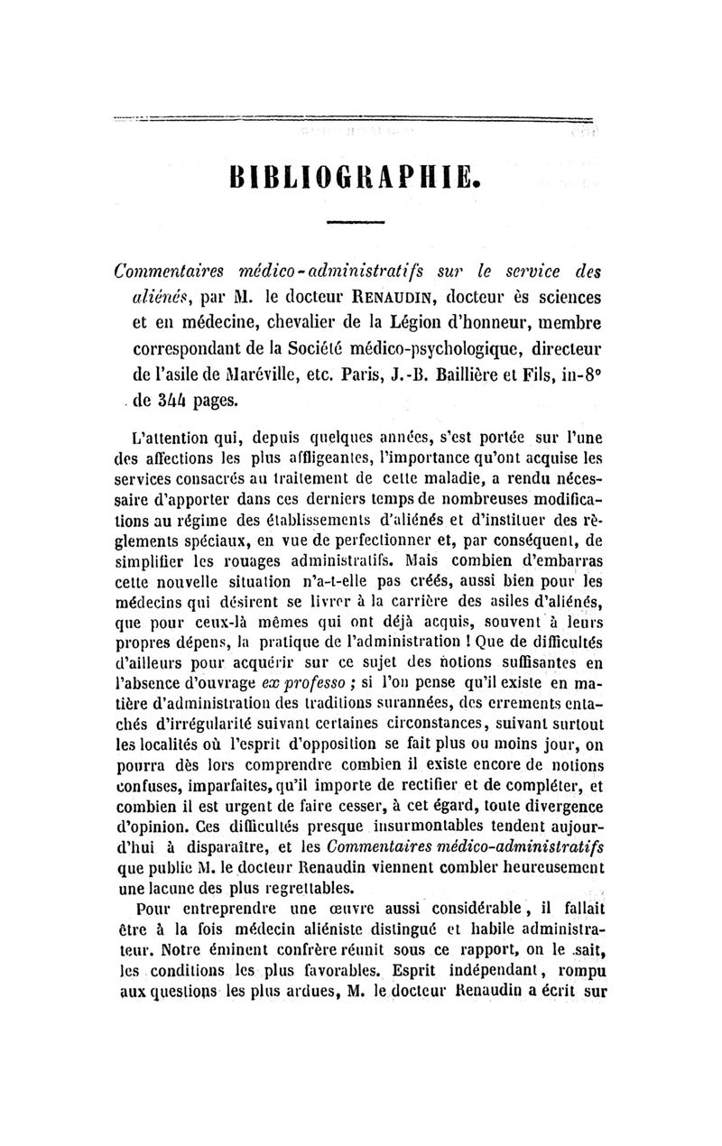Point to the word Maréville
[250, 371]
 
